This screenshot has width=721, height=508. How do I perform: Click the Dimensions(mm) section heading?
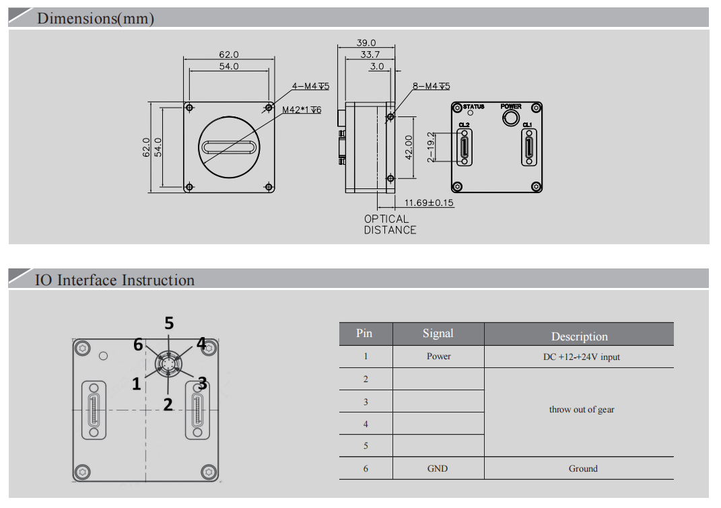click(96, 18)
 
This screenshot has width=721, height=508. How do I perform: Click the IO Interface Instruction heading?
click(114, 280)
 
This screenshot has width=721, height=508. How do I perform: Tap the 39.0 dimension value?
click(366, 42)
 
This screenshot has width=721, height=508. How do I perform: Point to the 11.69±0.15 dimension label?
click(429, 203)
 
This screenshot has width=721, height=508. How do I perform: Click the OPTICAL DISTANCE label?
click(390, 224)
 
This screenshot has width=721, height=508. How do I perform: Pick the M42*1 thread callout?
click(302, 110)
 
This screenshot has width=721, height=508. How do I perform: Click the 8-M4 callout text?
click(431, 86)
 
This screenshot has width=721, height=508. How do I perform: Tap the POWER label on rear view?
click(511, 106)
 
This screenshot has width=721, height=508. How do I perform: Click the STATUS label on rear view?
click(474, 106)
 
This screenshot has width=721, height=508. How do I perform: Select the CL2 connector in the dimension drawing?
click(465, 147)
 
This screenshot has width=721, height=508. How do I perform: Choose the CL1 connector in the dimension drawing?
click(528, 147)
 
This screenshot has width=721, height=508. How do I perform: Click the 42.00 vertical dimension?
click(408, 147)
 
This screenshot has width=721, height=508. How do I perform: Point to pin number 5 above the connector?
click(169, 323)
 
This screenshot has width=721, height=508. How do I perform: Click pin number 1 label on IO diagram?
click(136, 384)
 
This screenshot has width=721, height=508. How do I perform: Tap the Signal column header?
click(438, 334)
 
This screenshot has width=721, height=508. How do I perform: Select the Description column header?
click(579, 336)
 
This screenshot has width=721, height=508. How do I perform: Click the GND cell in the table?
click(438, 468)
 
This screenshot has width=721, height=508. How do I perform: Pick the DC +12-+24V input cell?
click(582, 357)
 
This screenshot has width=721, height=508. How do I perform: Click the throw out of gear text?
click(582, 409)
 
